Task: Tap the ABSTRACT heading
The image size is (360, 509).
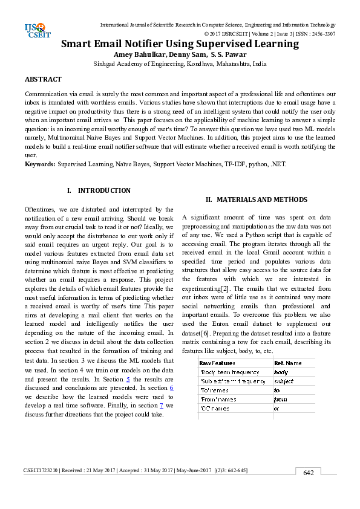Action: coord(43,79)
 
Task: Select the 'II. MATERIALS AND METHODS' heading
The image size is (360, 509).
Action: coord(256,199)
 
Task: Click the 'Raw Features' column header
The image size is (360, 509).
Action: coord(213,363)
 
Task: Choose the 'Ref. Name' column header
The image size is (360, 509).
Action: coord(287,363)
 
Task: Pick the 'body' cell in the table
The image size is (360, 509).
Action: coord(281,372)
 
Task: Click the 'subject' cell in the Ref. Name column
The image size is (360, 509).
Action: coord(283,381)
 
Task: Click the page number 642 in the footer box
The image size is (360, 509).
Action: coord(308,473)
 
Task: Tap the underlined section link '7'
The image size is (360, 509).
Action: coord(161,405)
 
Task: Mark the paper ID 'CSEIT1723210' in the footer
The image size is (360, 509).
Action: coord(41,470)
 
